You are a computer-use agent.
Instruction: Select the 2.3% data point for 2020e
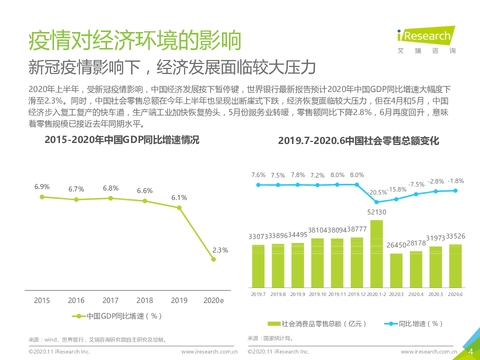213,259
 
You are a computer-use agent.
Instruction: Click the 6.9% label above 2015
42,186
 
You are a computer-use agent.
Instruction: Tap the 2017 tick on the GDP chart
110,300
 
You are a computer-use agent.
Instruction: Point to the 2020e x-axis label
213,300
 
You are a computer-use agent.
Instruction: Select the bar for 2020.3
396,270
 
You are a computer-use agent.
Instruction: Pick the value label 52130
376,212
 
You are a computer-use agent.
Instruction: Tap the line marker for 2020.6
455,190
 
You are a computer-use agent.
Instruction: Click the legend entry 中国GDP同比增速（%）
118,316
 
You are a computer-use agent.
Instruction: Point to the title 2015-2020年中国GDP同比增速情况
121,140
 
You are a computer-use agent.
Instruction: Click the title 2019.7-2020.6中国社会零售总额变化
358,141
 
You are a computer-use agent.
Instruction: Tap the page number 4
470,351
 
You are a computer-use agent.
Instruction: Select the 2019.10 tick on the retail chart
317,294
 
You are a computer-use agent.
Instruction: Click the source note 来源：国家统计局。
270,338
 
